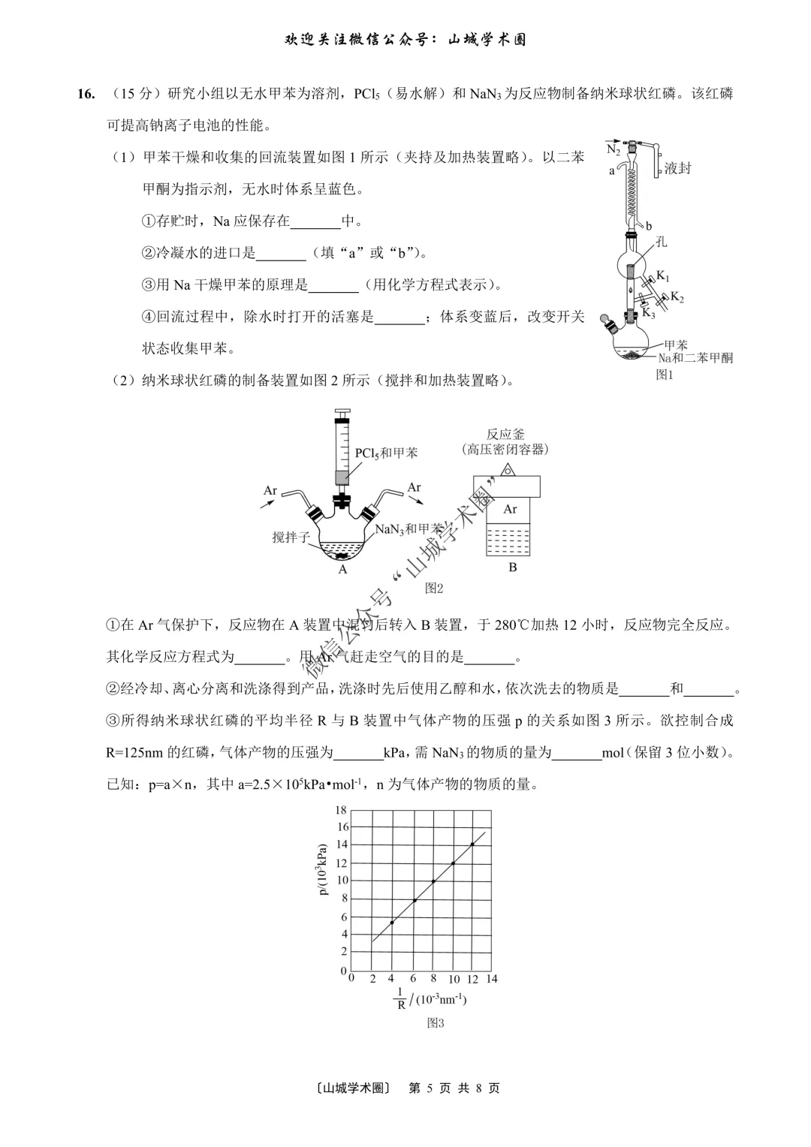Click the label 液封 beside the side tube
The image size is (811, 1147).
click(x=677, y=168)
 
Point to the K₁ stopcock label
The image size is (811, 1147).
click(x=663, y=275)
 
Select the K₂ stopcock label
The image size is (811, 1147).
click(x=677, y=297)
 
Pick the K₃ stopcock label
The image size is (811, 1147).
click(x=648, y=314)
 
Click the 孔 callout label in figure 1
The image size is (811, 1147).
click(x=661, y=242)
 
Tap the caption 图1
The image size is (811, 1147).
click(x=665, y=374)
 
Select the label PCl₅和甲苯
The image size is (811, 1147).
click(x=386, y=453)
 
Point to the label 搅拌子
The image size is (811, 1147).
click(x=291, y=537)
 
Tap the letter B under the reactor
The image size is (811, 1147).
click(x=513, y=567)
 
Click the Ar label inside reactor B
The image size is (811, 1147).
click(x=510, y=509)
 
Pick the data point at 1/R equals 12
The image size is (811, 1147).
click(x=472, y=844)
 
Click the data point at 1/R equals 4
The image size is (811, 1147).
click(x=391, y=923)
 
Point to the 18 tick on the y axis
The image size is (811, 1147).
click(x=342, y=810)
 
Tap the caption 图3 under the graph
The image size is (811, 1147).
click(x=436, y=1022)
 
